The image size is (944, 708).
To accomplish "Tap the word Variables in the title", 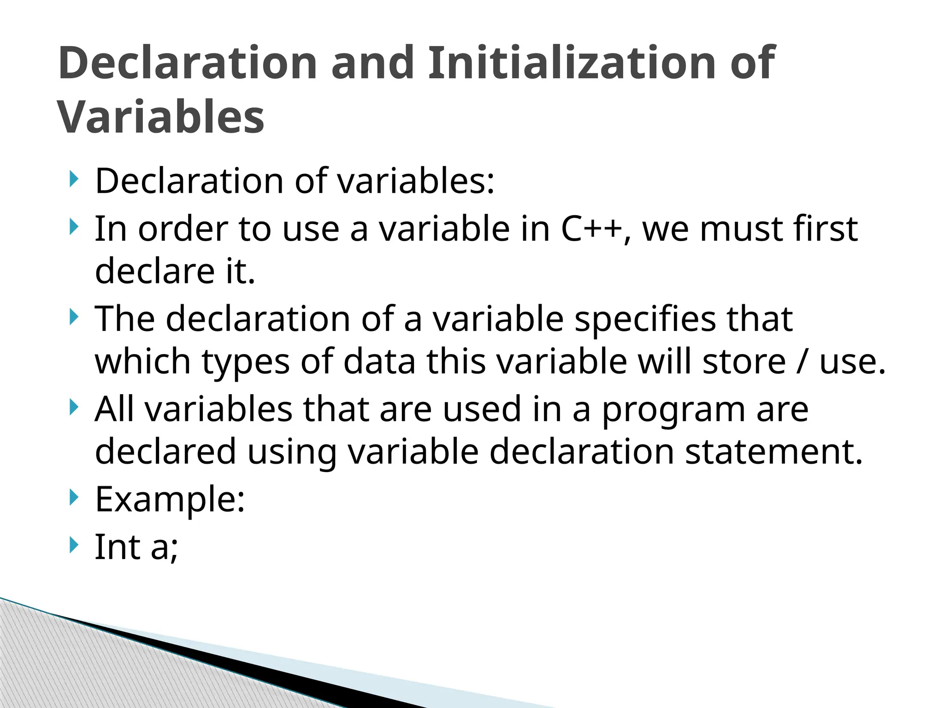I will pyautogui.click(x=161, y=117).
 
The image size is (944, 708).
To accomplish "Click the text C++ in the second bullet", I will pyautogui.click(x=592, y=229).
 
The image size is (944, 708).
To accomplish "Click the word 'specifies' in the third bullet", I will pyautogui.click(x=645, y=319).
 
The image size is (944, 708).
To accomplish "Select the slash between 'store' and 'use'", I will pyautogui.click(x=802, y=361).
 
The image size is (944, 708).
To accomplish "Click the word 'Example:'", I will pyautogui.click(x=170, y=500).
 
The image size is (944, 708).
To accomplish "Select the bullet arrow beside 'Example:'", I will pyautogui.click(x=73, y=498).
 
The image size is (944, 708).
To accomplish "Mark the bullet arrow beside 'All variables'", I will pyautogui.click(x=73, y=407).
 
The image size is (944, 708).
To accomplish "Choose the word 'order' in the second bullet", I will pyautogui.click(x=183, y=229).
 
